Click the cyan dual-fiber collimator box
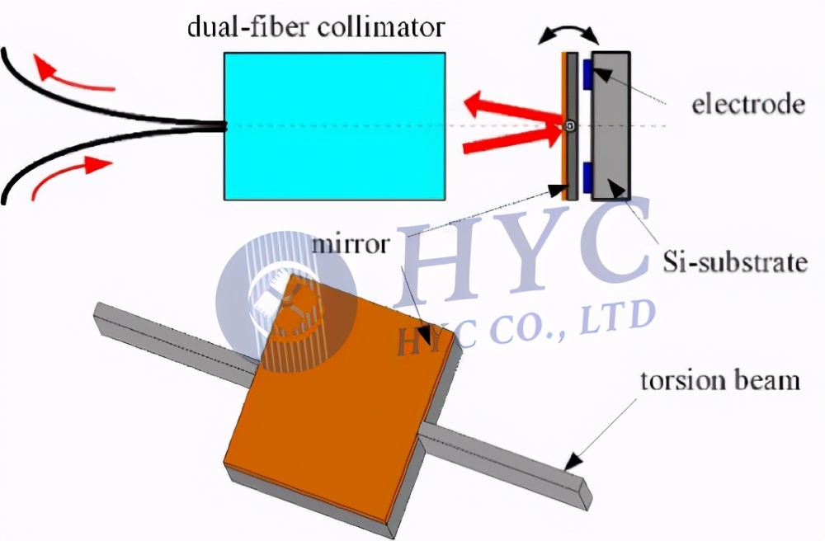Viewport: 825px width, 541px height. point(335,126)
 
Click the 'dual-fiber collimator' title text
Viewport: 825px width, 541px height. point(316,27)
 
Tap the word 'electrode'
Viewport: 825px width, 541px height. point(748,104)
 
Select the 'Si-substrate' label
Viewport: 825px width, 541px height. point(735,261)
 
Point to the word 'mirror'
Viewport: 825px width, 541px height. point(351,244)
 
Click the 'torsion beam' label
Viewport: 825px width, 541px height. point(719,380)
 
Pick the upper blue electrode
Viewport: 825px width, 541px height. point(587,74)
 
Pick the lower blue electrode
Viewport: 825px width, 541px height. point(587,177)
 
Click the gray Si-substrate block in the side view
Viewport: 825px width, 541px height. point(610,126)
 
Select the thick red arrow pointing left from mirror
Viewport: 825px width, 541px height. point(513,108)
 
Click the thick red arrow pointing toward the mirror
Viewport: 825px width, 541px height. point(513,138)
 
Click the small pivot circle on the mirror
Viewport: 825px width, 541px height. point(570,125)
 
